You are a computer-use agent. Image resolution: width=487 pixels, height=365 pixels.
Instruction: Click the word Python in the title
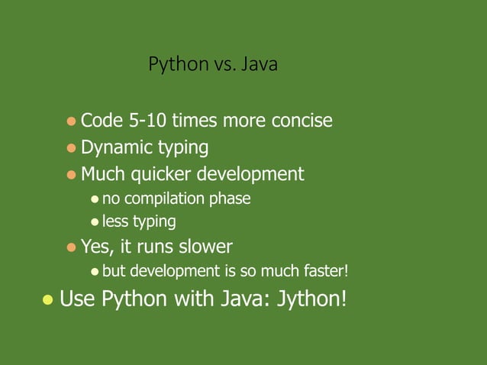coord(173,66)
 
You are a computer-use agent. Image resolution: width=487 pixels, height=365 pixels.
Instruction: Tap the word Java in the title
coord(260,66)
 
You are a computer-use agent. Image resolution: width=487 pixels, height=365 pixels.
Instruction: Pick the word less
coord(115,222)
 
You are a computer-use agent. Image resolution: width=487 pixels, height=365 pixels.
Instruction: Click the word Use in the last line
coord(75,298)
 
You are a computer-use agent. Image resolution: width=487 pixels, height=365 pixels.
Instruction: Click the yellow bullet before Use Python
coord(47,299)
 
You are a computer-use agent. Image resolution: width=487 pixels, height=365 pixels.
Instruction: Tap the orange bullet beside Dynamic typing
coord(71,147)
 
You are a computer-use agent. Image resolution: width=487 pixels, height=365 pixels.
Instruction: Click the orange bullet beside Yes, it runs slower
coord(71,247)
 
